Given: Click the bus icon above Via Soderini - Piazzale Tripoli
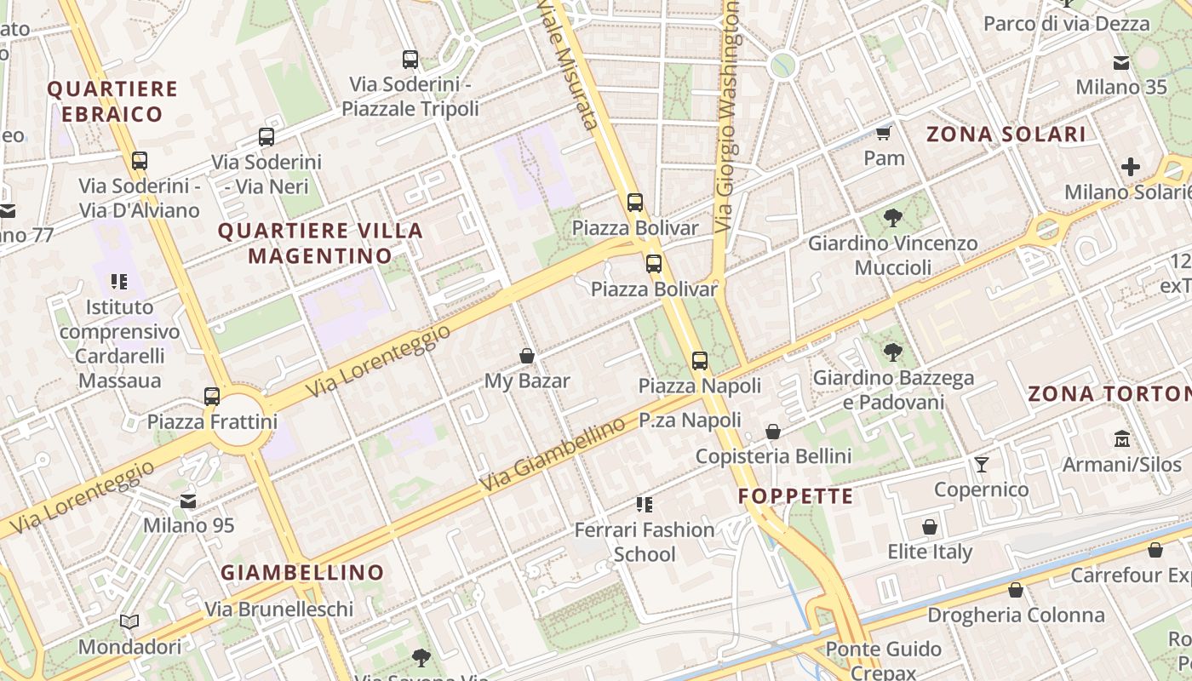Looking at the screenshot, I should (x=410, y=60).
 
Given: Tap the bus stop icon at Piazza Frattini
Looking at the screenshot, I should (x=212, y=397).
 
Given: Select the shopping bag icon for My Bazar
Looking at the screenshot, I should (x=527, y=356).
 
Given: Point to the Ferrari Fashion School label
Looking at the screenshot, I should (x=645, y=541).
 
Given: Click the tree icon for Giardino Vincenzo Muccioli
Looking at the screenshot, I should (x=892, y=218).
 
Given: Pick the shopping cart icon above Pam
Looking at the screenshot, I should (x=884, y=134).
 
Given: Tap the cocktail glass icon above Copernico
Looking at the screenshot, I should (x=982, y=464).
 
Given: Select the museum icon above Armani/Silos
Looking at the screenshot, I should (x=1121, y=439).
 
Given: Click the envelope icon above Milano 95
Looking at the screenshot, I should (x=188, y=501).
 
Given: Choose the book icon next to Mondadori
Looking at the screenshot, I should (x=129, y=622).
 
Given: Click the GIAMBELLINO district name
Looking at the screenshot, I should (x=302, y=573).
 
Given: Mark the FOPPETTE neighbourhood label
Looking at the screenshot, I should (x=795, y=496).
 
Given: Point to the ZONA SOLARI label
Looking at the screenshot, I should (x=1006, y=134).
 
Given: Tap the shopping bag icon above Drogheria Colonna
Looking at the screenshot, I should (x=1016, y=590).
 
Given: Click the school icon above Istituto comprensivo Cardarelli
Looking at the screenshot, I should (x=119, y=282).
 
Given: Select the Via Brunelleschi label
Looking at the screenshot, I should (x=278, y=609).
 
